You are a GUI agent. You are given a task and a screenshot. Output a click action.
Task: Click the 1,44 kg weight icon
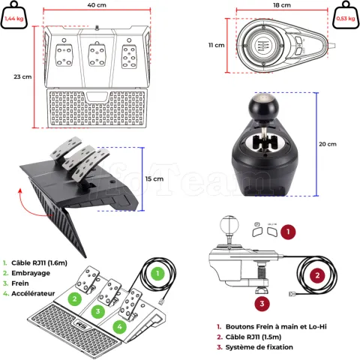click(x=14, y=15)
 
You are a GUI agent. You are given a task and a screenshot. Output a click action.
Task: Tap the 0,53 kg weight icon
click(x=346, y=15)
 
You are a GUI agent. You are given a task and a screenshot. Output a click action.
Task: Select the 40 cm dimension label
click(x=97, y=5)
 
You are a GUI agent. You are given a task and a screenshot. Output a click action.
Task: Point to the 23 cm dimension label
click(x=22, y=76)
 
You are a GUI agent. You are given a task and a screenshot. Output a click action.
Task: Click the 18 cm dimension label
click(x=282, y=5)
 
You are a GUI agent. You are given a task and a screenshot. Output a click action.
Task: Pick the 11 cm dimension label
click(x=217, y=45)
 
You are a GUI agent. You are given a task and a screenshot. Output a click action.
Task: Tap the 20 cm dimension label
click(x=328, y=144)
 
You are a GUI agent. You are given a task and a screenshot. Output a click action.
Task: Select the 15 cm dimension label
click(x=154, y=179)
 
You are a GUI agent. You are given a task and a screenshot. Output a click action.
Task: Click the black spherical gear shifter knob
click(x=263, y=106)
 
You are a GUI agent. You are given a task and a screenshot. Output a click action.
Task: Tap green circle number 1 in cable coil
click(x=157, y=273)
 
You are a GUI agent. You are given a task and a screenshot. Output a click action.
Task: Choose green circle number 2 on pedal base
click(x=74, y=298)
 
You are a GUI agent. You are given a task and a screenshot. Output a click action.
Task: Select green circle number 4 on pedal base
click(x=120, y=326)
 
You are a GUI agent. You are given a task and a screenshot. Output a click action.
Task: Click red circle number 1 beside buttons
click(x=288, y=232)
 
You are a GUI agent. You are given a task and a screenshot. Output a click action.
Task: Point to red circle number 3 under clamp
click(x=262, y=304)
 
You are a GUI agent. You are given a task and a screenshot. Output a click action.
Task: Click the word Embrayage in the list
click(x=31, y=273)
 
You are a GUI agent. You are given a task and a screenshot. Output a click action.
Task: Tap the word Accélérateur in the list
click(x=33, y=293)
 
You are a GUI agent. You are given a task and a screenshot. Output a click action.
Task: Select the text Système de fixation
click(x=259, y=347)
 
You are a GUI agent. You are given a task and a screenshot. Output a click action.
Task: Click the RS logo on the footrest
click(x=82, y=324)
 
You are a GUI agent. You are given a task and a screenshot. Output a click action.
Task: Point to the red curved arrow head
click(x=20, y=191)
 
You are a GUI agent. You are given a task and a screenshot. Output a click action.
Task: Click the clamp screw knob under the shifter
click(x=262, y=291)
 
